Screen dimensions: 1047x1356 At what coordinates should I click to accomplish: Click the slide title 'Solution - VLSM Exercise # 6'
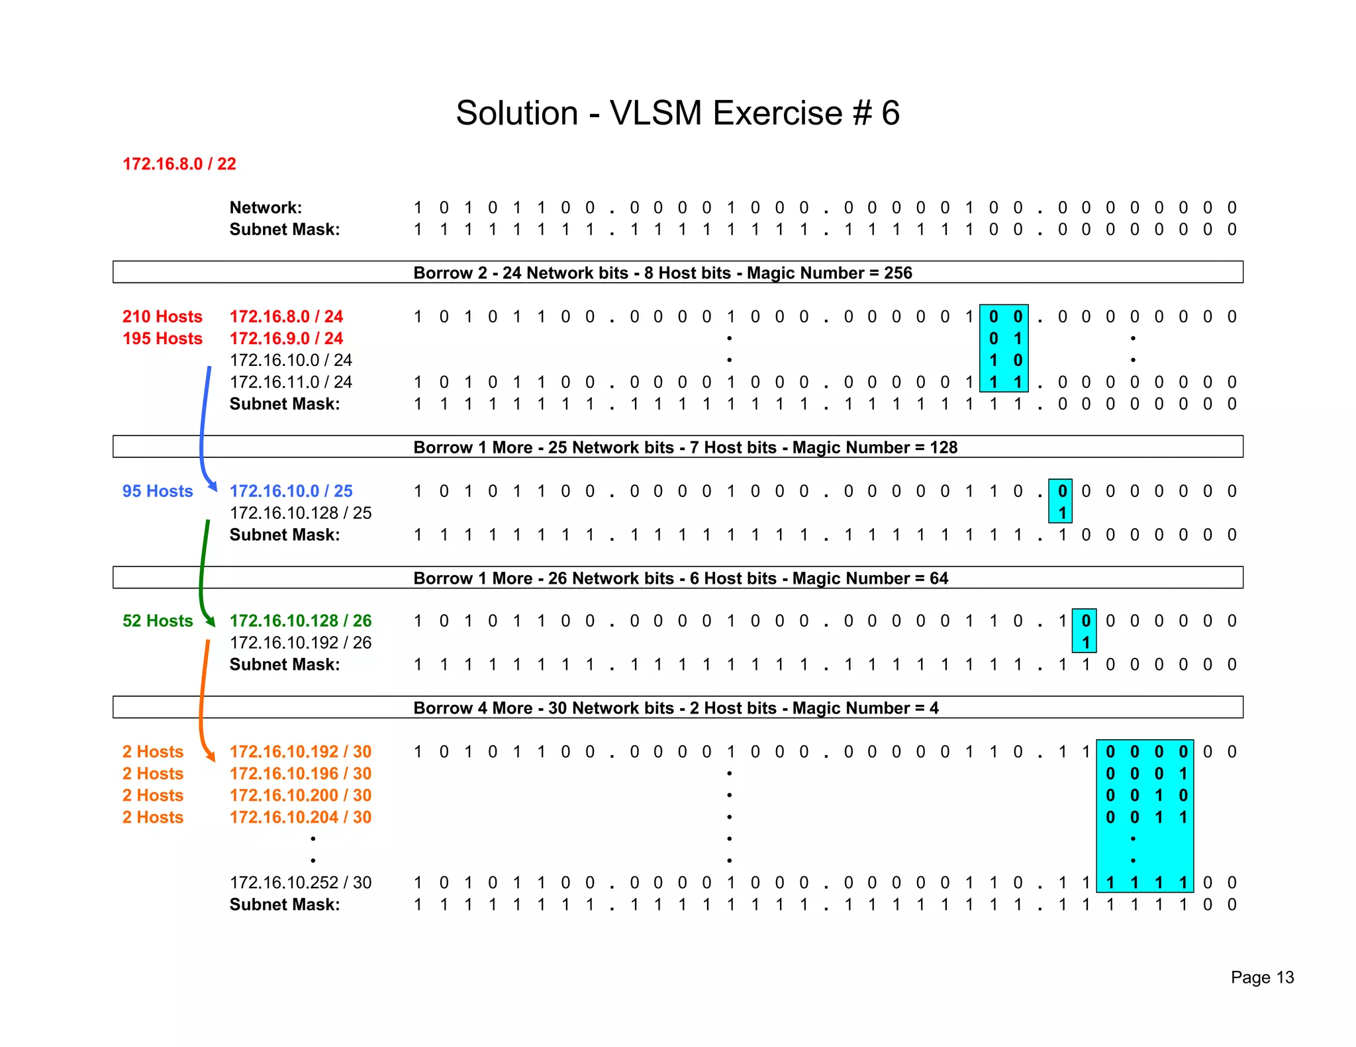click(x=677, y=113)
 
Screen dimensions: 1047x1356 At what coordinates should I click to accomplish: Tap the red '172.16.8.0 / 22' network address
click(x=179, y=164)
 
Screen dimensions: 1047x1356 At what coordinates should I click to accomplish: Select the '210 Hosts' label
click(x=162, y=316)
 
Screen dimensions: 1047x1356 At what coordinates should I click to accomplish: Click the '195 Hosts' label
click(x=162, y=338)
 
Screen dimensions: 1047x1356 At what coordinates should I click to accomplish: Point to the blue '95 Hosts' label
click(x=158, y=491)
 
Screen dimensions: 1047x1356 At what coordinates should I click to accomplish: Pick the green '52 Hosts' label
click(x=158, y=621)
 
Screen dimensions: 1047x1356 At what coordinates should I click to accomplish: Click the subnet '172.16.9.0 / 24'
click(x=286, y=338)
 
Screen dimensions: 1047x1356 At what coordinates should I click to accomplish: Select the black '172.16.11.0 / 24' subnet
click(x=291, y=382)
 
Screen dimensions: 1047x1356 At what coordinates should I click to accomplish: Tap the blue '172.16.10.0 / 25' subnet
click(x=291, y=491)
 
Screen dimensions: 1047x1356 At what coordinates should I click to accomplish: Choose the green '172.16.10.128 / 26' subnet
click(x=301, y=621)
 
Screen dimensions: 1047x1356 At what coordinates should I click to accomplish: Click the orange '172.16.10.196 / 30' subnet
click(x=301, y=774)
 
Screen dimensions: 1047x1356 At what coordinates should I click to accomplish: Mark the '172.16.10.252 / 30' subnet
click(x=301, y=882)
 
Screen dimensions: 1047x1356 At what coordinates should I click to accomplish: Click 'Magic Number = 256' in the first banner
click(x=830, y=273)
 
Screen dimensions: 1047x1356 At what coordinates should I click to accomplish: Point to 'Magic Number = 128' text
click(x=875, y=447)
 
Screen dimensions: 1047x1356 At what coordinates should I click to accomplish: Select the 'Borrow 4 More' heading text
click(x=472, y=708)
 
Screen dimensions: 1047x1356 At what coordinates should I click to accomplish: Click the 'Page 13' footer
click(x=1262, y=978)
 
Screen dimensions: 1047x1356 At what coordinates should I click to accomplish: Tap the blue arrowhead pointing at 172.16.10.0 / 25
click(x=212, y=486)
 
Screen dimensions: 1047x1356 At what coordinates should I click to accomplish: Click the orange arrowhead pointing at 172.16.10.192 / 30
click(x=211, y=756)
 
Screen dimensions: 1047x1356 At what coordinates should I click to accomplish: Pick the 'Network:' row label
click(x=266, y=208)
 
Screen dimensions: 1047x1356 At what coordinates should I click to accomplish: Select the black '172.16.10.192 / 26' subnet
click(x=301, y=643)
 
